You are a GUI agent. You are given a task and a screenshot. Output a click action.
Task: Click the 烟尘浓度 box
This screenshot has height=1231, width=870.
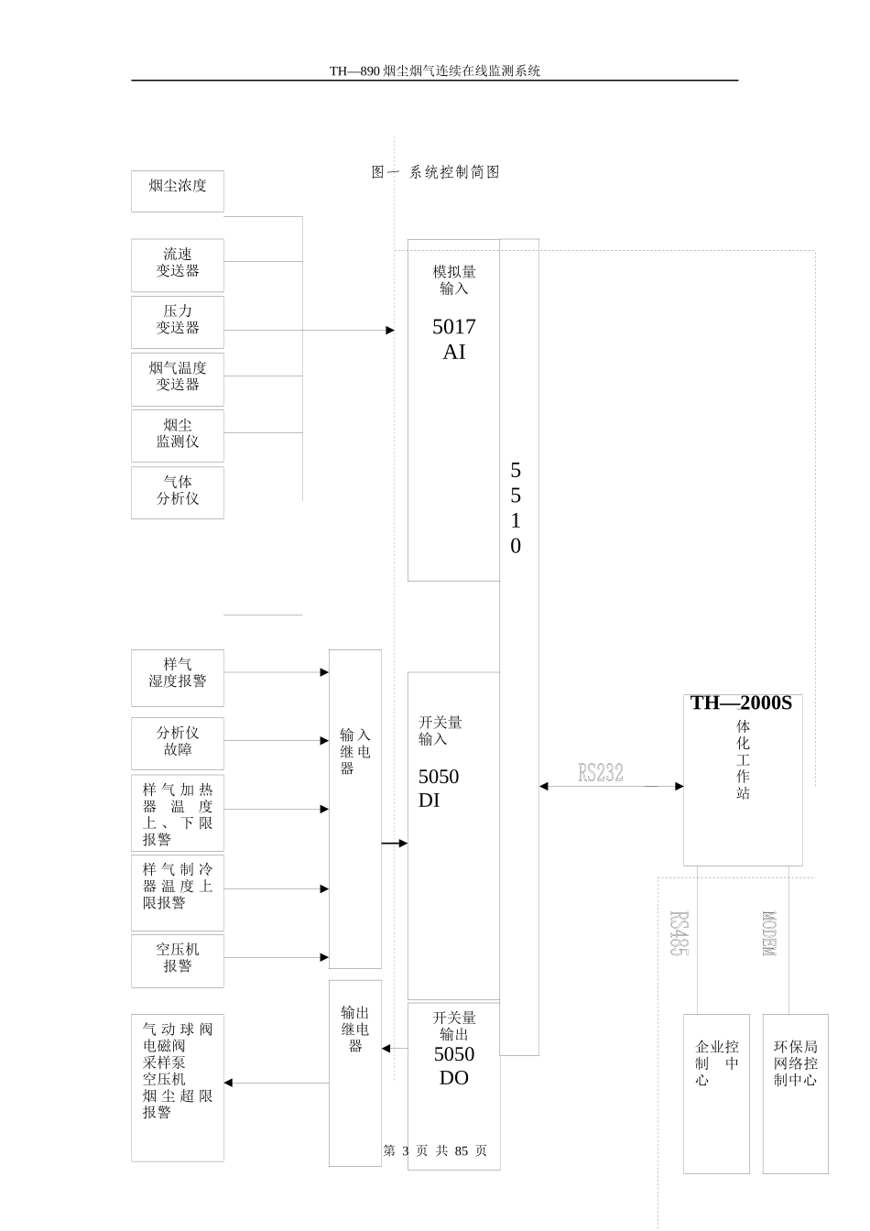[x=178, y=191]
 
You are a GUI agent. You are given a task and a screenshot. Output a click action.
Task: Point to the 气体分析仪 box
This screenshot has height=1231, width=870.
[x=178, y=492]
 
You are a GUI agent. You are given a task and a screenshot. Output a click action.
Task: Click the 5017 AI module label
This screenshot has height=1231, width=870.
[x=454, y=339]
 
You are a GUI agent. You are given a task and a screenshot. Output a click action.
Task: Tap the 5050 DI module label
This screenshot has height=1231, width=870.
[x=439, y=789]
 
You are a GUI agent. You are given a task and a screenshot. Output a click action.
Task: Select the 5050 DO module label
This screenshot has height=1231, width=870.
[x=454, y=1065]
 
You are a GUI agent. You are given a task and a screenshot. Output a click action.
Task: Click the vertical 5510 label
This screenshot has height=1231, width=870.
[x=516, y=508]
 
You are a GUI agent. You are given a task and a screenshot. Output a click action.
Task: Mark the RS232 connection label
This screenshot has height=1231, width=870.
[x=601, y=773]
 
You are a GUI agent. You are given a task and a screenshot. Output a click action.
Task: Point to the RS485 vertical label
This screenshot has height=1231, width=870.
[x=679, y=933]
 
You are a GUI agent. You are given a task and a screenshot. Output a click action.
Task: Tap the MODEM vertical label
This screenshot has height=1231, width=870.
[x=769, y=933]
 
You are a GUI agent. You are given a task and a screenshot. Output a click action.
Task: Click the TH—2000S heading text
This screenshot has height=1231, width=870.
[x=741, y=703]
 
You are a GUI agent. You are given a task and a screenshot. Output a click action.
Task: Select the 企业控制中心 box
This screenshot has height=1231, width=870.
[x=716, y=1093]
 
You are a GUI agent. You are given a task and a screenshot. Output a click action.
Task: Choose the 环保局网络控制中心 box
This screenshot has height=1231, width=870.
[x=795, y=1093]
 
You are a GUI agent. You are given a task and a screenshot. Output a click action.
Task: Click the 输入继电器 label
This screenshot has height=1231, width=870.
[x=354, y=751]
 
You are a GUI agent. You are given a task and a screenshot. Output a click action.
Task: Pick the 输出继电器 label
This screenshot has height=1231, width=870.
[x=354, y=1029]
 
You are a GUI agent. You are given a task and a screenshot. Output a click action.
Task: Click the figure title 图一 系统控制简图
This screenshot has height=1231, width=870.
[x=436, y=172]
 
